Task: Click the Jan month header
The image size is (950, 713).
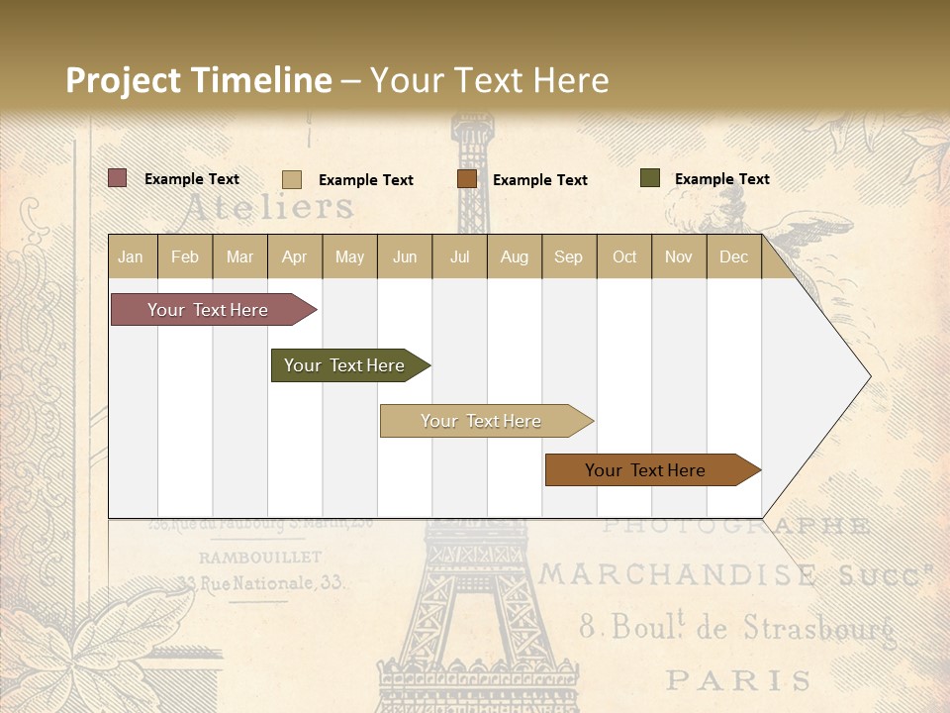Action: pos(131,256)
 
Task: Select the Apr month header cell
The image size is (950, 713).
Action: pos(295,256)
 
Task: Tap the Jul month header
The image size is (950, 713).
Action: pos(459,256)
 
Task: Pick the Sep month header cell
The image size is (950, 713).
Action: pos(568,256)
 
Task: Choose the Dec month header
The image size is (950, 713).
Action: pos(733,256)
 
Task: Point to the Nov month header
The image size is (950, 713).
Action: pos(679,256)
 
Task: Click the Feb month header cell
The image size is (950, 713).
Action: pos(185,256)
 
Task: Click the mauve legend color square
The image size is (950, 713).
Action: pos(118,178)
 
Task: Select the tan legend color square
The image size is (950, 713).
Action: pos(292,179)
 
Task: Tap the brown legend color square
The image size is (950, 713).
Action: pos(467,179)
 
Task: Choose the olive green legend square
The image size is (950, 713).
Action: pos(650,178)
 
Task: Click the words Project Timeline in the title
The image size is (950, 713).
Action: pos(198,80)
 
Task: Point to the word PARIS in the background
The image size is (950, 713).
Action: pos(738,680)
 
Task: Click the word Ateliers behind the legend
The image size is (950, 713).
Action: pos(268,207)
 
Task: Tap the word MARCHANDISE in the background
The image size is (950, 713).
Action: pos(679,574)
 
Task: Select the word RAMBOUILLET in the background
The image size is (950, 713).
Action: pos(260,558)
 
